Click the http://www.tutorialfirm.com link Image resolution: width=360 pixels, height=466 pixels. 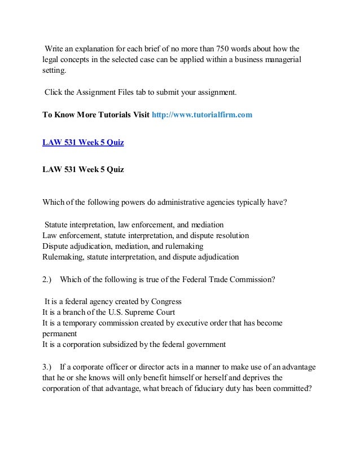203,115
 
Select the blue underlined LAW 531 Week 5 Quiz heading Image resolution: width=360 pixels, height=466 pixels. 83,142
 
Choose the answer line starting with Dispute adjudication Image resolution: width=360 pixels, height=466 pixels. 123,246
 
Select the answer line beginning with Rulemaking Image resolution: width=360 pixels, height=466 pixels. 141,257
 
